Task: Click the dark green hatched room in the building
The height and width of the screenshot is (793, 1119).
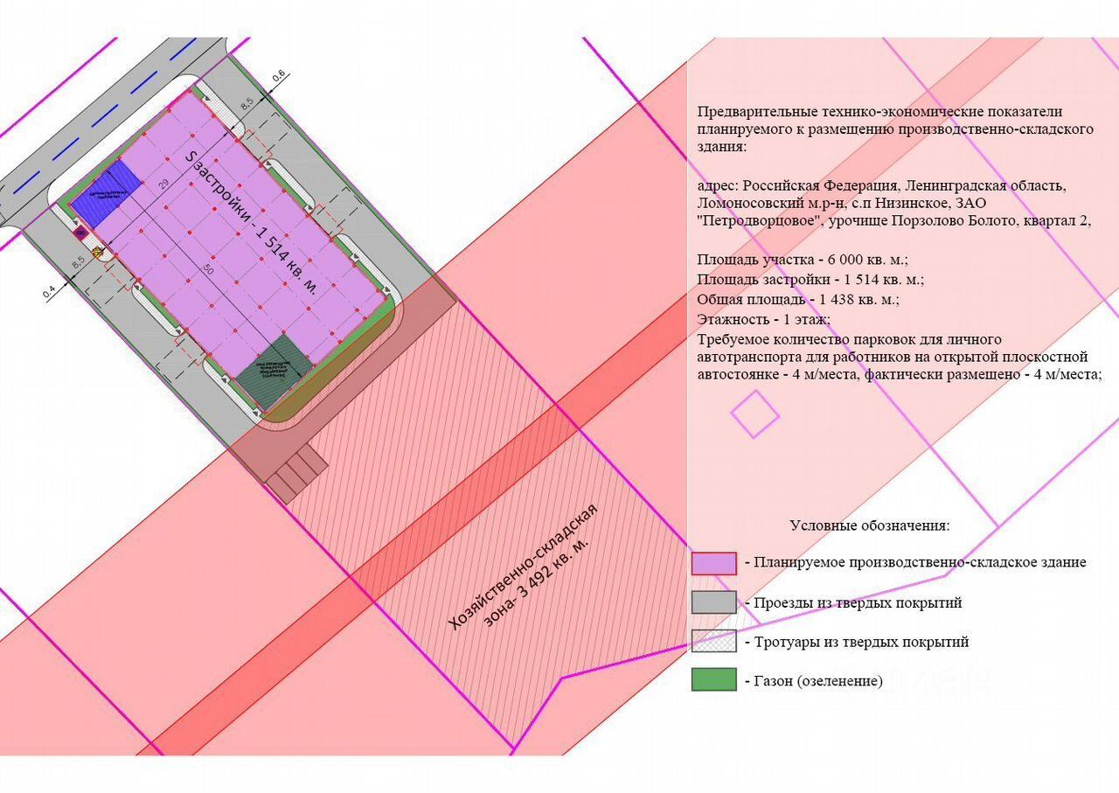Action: [271, 370]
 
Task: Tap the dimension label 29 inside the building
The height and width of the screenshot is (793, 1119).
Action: [163, 184]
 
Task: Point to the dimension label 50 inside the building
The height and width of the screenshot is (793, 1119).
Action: [208, 270]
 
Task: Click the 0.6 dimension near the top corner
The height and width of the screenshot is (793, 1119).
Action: [279, 79]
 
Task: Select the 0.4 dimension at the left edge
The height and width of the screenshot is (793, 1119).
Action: [48, 290]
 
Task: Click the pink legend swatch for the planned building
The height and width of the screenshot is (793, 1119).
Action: [713, 563]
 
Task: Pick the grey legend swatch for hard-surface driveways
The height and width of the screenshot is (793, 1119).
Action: [713, 602]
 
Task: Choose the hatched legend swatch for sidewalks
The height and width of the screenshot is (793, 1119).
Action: [713, 642]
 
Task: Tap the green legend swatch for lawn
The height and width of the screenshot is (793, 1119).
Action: [713, 680]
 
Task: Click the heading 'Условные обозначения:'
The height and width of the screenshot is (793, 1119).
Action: [869, 525]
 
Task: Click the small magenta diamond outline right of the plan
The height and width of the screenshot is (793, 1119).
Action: [754, 414]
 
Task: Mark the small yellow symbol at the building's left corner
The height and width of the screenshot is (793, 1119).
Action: [97, 254]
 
